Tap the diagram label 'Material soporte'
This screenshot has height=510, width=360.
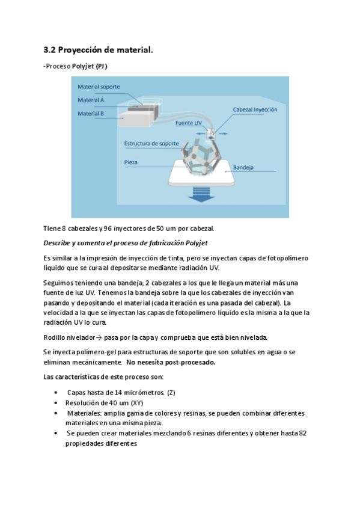pos(99,87)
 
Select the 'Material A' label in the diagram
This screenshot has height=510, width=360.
pos(91,100)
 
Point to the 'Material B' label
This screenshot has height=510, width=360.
pos(91,112)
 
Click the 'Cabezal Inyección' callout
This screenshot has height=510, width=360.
pos(255,109)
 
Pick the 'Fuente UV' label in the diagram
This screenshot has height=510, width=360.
pos(189,123)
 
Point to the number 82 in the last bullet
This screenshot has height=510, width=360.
pos(303,433)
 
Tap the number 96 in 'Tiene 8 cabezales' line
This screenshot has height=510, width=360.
pos(108,229)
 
